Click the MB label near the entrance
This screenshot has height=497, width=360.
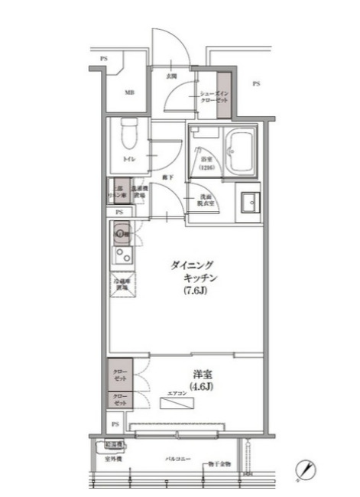click(130, 93)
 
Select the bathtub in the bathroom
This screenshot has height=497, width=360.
click(243, 154)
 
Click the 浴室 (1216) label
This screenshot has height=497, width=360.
click(206, 163)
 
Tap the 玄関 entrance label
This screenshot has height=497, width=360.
click(173, 76)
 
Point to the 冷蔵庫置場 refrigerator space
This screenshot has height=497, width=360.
click(122, 285)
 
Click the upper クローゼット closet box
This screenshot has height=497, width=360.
click(122, 374)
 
